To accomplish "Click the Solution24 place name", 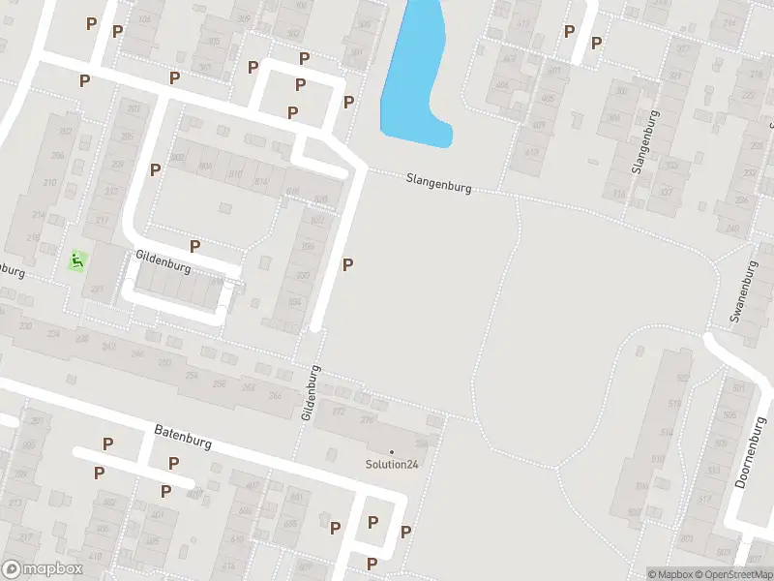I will (x=392, y=463).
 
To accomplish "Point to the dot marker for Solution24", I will (x=392, y=451).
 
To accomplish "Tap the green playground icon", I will (x=77, y=260).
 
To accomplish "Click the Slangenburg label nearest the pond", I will (x=438, y=182).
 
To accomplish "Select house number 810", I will (x=233, y=174).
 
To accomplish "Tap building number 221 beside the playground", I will (x=97, y=289).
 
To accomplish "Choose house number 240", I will (x=731, y=229).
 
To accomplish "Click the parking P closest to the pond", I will (x=348, y=102).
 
